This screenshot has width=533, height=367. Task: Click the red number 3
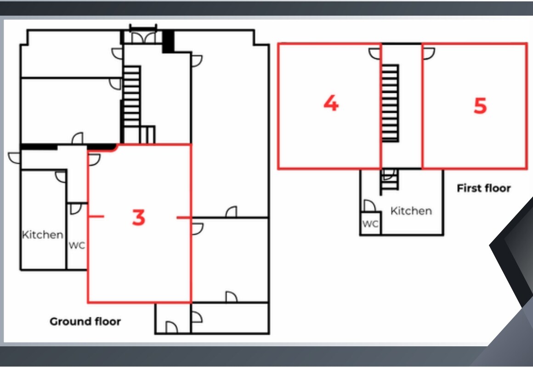click(138, 218)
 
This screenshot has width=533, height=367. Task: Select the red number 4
click(331, 103)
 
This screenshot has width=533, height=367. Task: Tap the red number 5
click(480, 106)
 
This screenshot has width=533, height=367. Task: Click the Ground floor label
click(85, 321)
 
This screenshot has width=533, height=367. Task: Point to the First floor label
click(483, 188)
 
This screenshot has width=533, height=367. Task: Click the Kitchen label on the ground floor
click(42, 235)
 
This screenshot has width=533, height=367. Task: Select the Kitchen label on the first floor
click(411, 211)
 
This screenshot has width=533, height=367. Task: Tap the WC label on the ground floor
click(77, 246)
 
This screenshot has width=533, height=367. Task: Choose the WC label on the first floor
click(370, 224)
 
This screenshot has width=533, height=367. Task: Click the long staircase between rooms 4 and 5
click(390, 103)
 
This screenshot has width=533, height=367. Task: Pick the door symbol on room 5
click(428, 54)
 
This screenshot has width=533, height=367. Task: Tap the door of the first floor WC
click(369, 206)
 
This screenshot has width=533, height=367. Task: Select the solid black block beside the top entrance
click(168, 41)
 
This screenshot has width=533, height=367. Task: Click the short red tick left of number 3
click(96, 216)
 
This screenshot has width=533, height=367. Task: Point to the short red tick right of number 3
click(184, 217)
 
